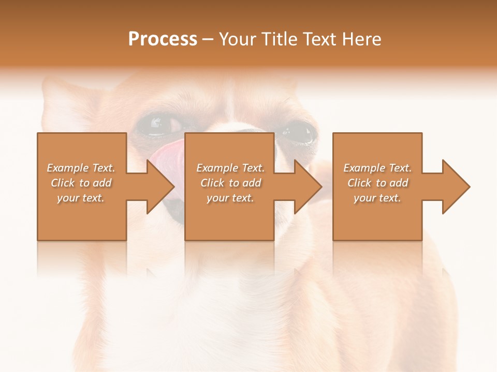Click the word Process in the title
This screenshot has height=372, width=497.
[x=163, y=39]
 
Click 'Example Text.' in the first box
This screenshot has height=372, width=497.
[x=81, y=168]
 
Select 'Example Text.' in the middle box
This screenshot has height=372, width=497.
[x=230, y=168]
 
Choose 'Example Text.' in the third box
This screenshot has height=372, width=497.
[x=377, y=168]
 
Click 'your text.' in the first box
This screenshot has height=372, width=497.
[x=81, y=198]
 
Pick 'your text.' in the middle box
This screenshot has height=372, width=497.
[x=230, y=198]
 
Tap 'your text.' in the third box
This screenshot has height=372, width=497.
[x=377, y=198]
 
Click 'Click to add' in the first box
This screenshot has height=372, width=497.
[x=81, y=183]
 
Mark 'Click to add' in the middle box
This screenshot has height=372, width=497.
[x=230, y=183]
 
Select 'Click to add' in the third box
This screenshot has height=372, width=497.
[x=377, y=183]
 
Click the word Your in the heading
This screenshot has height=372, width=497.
[x=238, y=39]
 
